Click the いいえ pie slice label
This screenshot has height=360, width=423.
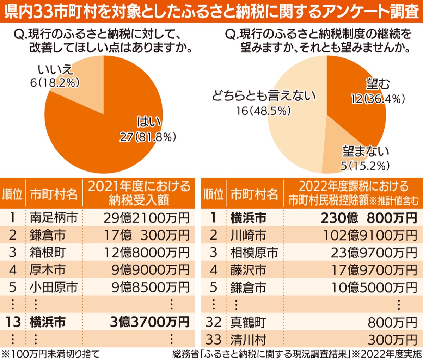point(55,70)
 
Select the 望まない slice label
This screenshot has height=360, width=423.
point(366,151)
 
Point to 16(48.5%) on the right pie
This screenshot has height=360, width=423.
point(264,111)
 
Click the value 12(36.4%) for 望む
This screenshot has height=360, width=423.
point(378,99)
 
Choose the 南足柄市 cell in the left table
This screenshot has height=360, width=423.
point(54,217)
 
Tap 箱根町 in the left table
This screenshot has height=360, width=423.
point(48,253)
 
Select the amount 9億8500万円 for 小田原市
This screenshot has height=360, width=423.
point(151,287)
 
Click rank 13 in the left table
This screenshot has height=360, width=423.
point(13,322)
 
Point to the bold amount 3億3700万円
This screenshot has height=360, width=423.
point(149,322)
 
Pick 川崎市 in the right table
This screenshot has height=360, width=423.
point(248,235)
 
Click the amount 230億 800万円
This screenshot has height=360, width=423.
point(369,218)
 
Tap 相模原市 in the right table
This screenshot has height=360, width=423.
point(254,253)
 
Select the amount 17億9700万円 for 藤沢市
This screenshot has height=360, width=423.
point(374,270)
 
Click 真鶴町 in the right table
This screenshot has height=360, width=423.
point(248,322)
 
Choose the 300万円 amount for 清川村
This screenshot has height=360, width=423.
point(392,340)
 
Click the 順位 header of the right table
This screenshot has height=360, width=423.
point(214,194)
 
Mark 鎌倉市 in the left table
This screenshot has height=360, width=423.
point(48,235)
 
